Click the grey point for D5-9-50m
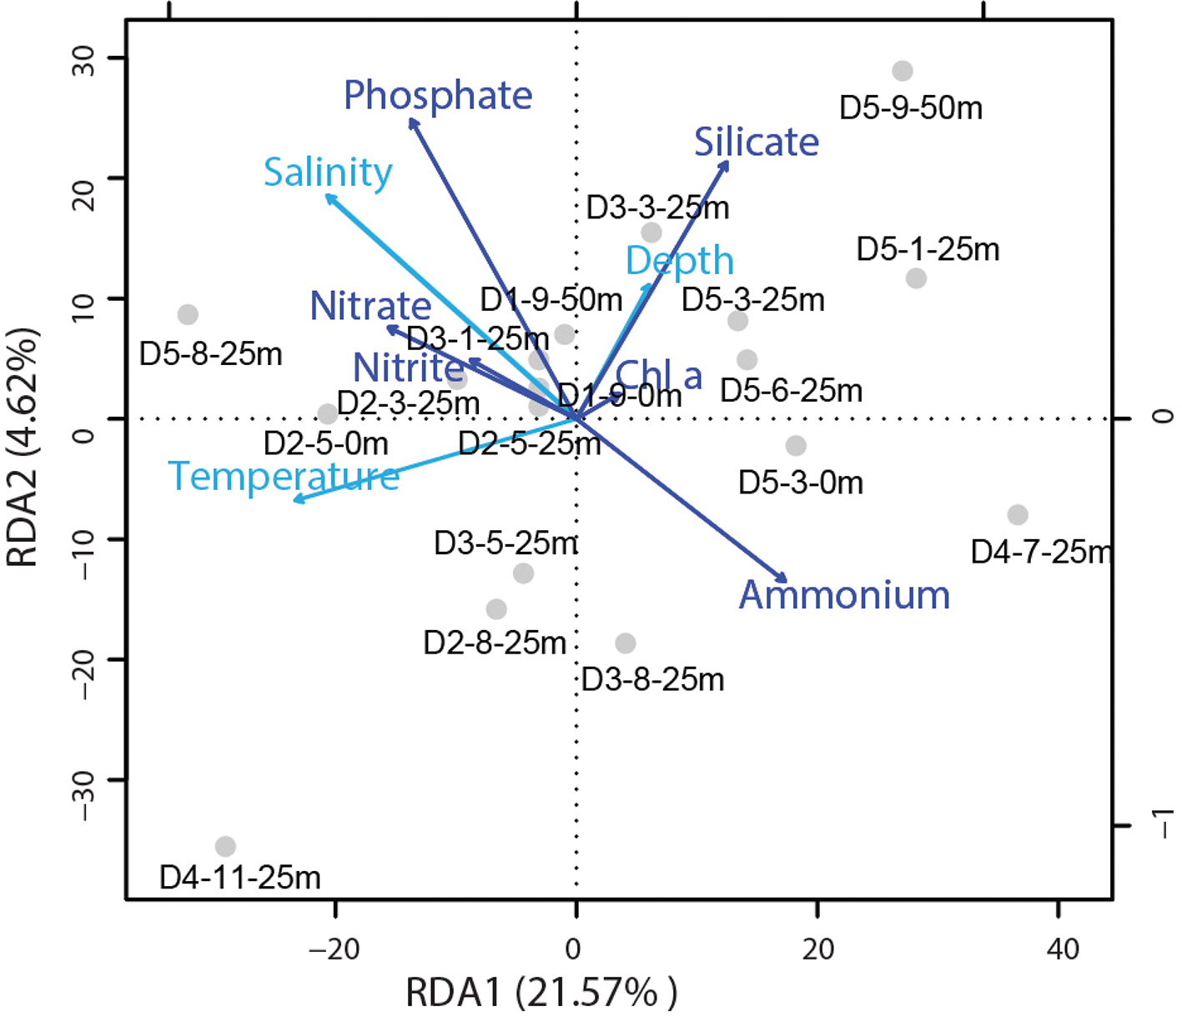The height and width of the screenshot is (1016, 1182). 902,71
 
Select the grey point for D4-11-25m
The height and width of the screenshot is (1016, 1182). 225,847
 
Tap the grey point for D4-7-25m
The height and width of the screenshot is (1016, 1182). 1017,515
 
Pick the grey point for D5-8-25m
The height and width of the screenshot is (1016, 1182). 188,315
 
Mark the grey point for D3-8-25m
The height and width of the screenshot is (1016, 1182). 626,643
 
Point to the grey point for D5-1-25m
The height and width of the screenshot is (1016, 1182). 916,278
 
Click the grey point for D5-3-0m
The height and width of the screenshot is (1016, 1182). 796,446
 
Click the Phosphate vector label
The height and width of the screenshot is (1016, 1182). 438,96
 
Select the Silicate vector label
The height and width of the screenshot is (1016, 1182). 757,143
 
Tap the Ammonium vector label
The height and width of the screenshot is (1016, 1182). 844,595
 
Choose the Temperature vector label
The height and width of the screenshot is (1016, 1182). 284,477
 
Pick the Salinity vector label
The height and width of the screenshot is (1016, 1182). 328,173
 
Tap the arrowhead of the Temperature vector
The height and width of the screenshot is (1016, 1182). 296,500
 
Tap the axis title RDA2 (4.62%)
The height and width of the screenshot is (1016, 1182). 23,448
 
